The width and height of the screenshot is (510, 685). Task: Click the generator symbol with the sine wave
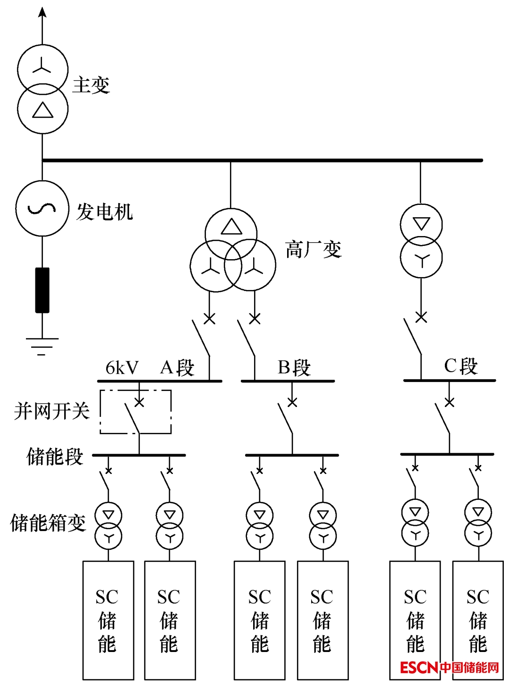[x=42, y=208]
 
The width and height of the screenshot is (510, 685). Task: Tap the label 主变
[x=91, y=85]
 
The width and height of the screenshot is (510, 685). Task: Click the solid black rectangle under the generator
[x=42, y=290]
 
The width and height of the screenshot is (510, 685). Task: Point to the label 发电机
[x=104, y=211]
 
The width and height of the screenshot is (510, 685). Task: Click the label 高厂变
[x=313, y=249]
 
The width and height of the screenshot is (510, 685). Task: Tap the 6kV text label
[x=122, y=367]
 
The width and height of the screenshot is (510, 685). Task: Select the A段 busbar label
[x=178, y=367]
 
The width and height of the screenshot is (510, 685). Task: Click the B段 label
[x=294, y=367]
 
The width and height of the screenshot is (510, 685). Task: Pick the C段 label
[x=461, y=366]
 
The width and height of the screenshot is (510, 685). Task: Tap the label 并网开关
[x=52, y=411]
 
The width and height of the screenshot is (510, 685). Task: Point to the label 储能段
[x=55, y=457]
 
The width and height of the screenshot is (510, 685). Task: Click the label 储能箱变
[x=48, y=523]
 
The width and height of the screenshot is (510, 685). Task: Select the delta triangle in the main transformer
[x=42, y=110]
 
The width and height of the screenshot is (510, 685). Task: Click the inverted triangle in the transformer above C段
[x=421, y=223]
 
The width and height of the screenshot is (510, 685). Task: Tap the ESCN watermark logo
[x=449, y=667]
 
